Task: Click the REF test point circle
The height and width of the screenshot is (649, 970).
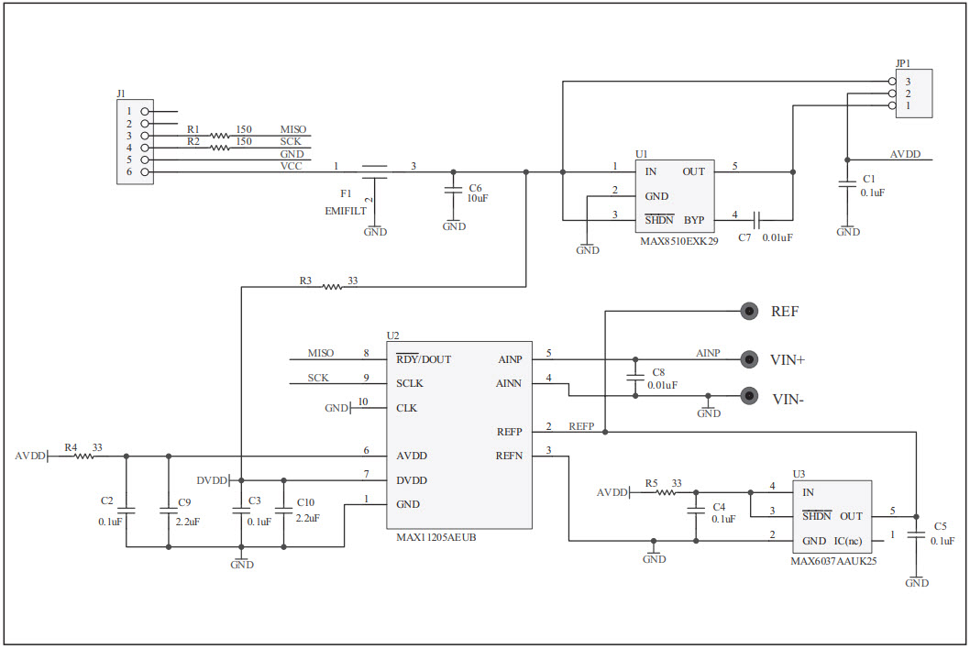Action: tap(750, 312)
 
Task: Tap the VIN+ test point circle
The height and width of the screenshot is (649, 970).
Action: tap(750, 359)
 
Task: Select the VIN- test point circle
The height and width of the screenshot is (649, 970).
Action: tap(750, 396)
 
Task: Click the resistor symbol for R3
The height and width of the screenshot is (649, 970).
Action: tap(331, 287)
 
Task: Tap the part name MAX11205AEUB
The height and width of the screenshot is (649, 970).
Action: tap(435, 537)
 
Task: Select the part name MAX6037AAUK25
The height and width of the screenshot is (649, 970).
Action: tap(833, 560)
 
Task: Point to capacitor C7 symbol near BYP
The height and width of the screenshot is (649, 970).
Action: tap(757, 220)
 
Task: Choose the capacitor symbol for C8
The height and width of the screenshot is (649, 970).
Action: tap(634, 378)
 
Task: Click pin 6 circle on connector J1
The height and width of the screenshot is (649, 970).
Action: tap(145, 171)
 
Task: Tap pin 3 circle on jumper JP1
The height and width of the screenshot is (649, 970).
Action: tap(892, 82)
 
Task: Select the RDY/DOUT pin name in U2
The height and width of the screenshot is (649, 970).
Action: tap(423, 359)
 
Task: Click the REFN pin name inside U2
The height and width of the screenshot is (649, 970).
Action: tap(509, 456)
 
